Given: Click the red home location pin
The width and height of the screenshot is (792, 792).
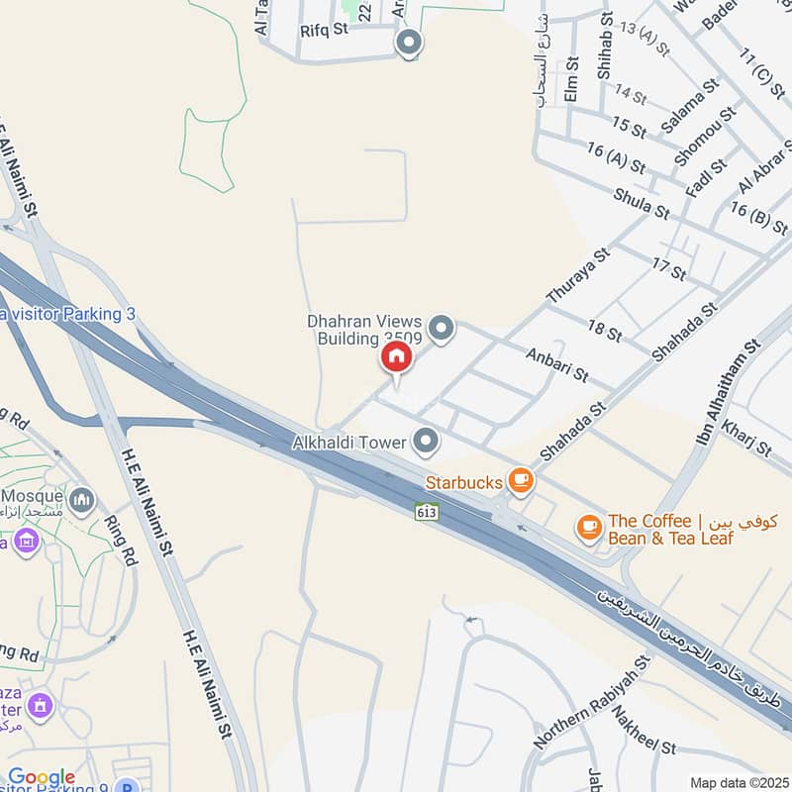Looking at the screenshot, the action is (x=395, y=356).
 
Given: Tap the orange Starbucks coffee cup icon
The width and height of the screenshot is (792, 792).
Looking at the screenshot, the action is (x=521, y=481).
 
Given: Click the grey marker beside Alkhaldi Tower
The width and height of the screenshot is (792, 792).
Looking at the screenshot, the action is (x=427, y=441).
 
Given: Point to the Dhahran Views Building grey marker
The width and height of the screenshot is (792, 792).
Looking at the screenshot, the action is (x=442, y=328).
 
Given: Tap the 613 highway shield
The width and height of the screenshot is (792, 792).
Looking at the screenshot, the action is (x=426, y=511).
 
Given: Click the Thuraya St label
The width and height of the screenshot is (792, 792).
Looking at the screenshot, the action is (x=577, y=276).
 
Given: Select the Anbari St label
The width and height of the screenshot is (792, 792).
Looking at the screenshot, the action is (x=556, y=363).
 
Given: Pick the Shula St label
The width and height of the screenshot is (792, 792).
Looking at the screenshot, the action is (x=642, y=203).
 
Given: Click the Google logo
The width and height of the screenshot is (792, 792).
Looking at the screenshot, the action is (x=42, y=777).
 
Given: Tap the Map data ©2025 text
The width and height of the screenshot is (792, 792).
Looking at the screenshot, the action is (x=738, y=782).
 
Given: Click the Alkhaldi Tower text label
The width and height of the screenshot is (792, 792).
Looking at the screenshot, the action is (x=350, y=444).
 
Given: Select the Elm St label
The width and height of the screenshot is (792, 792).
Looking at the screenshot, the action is (x=569, y=81).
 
